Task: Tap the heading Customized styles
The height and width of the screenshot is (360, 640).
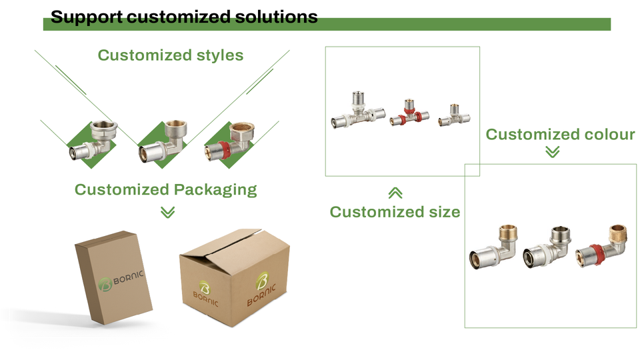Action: (x=171, y=55)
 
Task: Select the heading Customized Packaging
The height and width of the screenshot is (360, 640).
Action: (x=166, y=190)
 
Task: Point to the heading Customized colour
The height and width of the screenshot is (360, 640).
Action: (x=561, y=134)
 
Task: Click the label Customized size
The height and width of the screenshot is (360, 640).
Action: (x=395, y=212)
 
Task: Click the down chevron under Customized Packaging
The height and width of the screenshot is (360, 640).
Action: (x=168, y=212)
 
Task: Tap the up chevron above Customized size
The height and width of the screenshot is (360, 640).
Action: (x=395, y=193)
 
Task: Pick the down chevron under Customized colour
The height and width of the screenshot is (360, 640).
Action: (x=553, y=152)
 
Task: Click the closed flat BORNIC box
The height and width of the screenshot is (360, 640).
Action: (x=113, y=277)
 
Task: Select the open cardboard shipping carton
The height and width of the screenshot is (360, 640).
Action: (x=235, y=277)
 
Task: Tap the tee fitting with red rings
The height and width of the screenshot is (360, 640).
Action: (x=409, y=113)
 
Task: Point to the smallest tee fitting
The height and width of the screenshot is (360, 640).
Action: (x=454, y=115)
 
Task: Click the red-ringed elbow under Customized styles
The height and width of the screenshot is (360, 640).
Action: (x=230, y=141)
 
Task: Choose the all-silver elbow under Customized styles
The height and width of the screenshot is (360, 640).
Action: (x=93, y=140)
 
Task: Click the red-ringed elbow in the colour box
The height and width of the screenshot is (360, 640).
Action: (x=601, y=246)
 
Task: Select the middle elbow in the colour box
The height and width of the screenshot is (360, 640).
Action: (x=547, y=247)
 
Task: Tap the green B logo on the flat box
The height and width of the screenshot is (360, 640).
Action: (x=105, y=284)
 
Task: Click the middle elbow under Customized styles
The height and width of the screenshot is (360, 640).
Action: (x=163, y=141)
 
